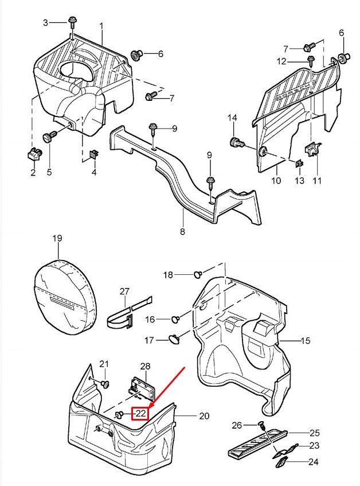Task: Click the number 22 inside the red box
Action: click(x=141, y=413)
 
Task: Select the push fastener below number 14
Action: click(x=235, y=142)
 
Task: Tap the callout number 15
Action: click(x=305, y=341)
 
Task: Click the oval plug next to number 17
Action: click(x=174, y=340)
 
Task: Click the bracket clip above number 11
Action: click(x=311, y=150)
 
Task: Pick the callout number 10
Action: click(x=276, y=181)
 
